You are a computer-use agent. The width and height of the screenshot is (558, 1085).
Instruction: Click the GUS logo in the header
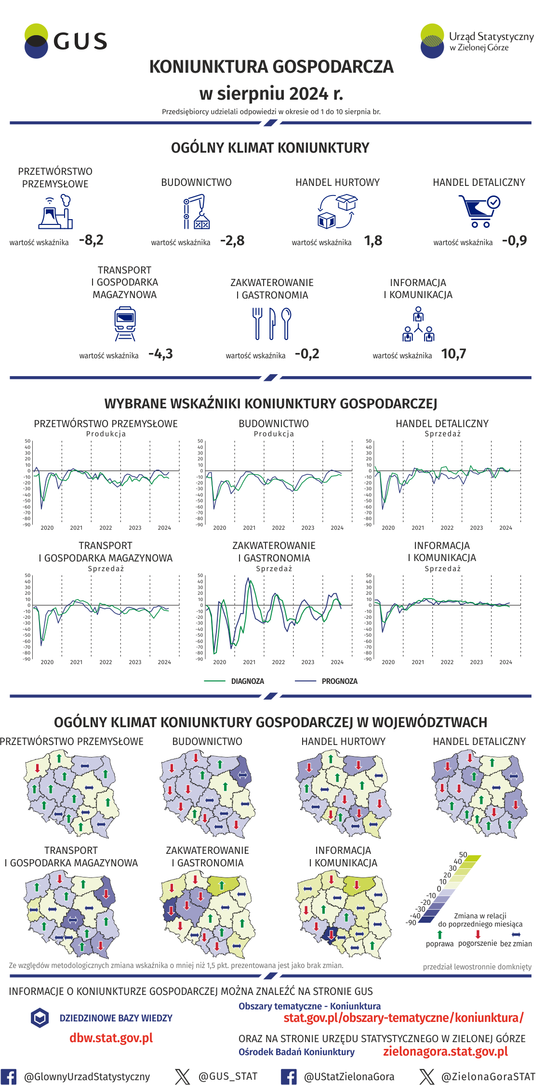[66, 41]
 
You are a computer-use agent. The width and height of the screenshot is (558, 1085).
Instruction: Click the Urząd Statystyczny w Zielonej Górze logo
[477, 41]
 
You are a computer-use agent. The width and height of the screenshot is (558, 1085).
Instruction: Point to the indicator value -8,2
[91, 240]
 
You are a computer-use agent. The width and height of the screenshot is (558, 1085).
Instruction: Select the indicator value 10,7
[453, 354]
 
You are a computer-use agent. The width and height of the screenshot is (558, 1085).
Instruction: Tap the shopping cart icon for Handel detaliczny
[479, 211]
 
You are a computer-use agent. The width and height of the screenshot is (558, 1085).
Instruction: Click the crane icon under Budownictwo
[197, 211]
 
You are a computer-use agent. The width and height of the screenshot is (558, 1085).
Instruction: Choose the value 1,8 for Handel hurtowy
[373, 241]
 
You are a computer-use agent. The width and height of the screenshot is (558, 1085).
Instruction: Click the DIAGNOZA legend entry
[247, 681]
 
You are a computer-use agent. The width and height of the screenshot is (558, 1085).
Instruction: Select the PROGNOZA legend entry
[339, 681]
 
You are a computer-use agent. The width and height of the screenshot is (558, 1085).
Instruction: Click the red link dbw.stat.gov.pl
[111, 1038]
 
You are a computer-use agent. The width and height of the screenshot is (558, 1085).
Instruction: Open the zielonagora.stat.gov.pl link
[445, 1051]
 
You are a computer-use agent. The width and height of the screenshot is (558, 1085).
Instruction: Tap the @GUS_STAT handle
[228, 1076]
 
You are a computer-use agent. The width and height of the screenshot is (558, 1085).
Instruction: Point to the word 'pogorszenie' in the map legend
[478, 943]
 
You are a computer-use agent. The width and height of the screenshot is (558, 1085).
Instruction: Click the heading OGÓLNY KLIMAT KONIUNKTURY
[270, 148]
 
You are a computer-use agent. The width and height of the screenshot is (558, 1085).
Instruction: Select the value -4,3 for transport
[160, 354]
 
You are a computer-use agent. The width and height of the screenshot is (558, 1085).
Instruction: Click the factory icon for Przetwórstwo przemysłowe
[55, 211]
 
